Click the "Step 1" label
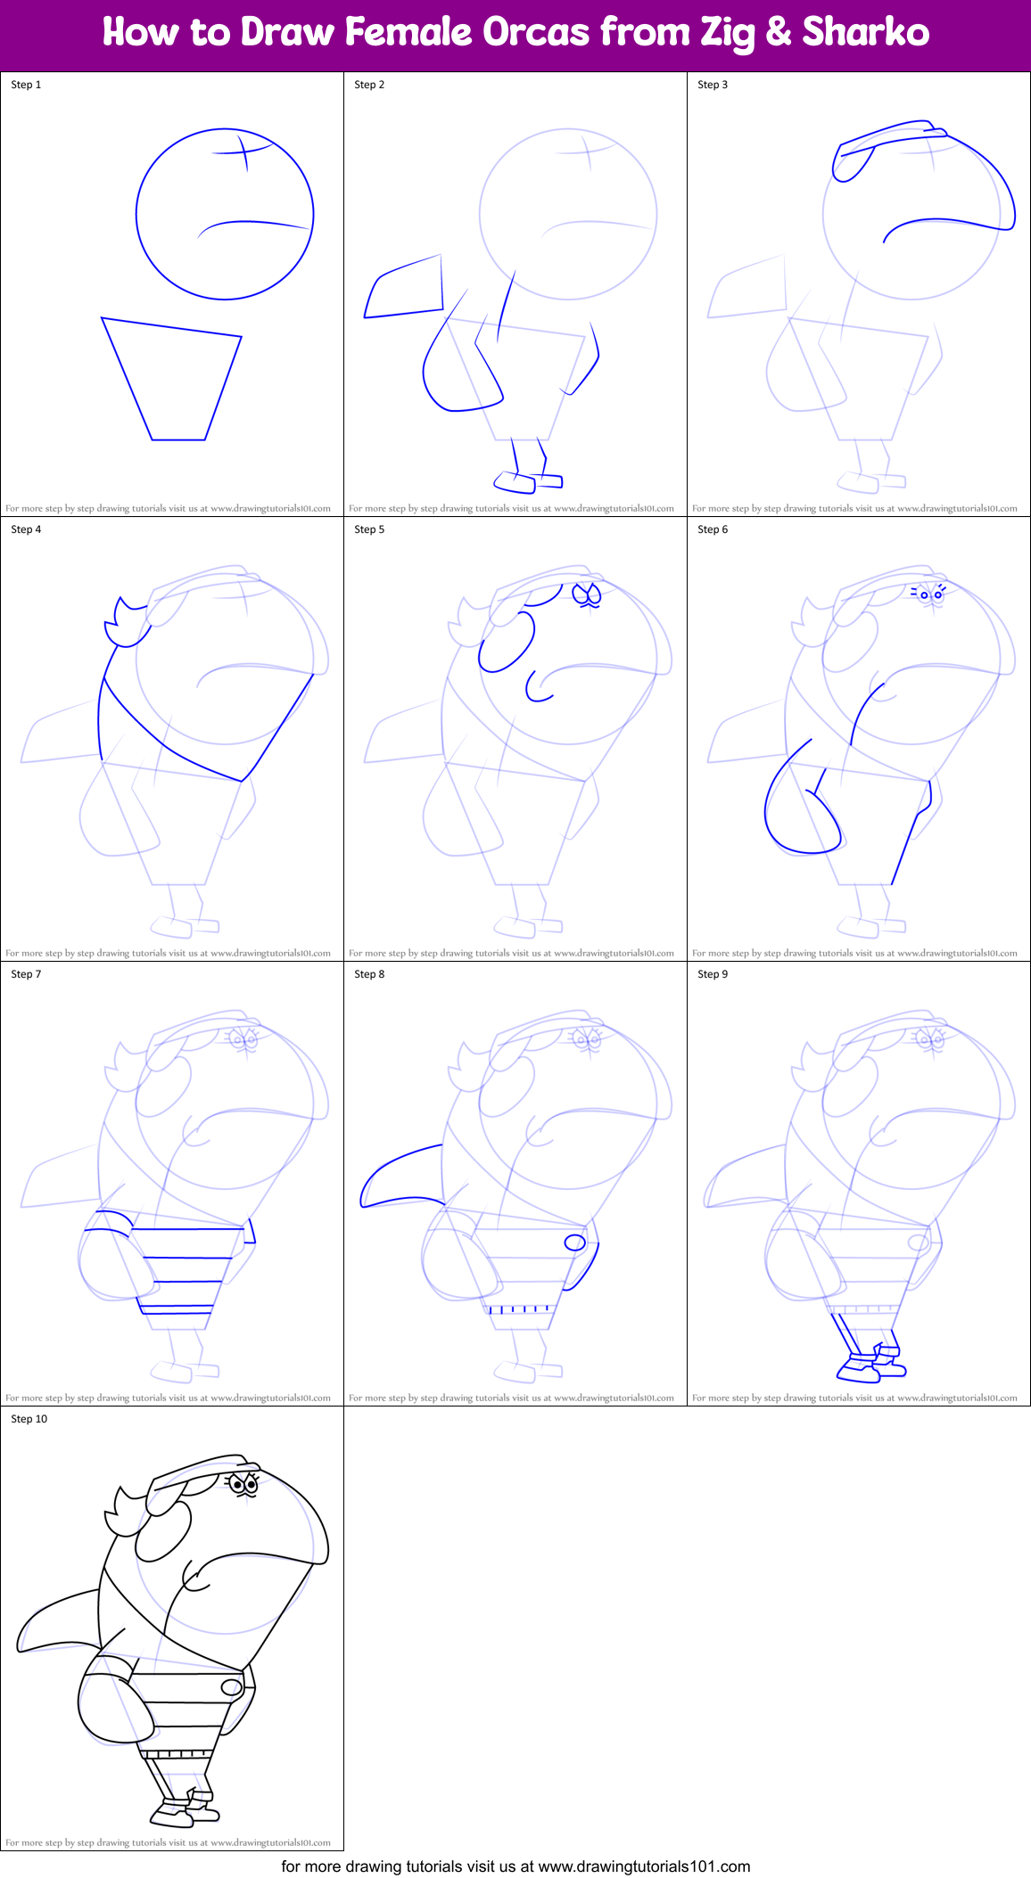[26, 85]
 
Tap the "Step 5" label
[369, 529]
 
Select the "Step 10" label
[29, 1419]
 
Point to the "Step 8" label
[369, 974]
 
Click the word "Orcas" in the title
[536, 33]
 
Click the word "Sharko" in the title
[865, 33]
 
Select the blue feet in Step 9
[871, 1365]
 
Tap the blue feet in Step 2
[527, 481]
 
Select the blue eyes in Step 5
[587, 595]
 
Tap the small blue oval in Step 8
[575, 1242]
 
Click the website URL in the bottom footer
[644, 1866]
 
